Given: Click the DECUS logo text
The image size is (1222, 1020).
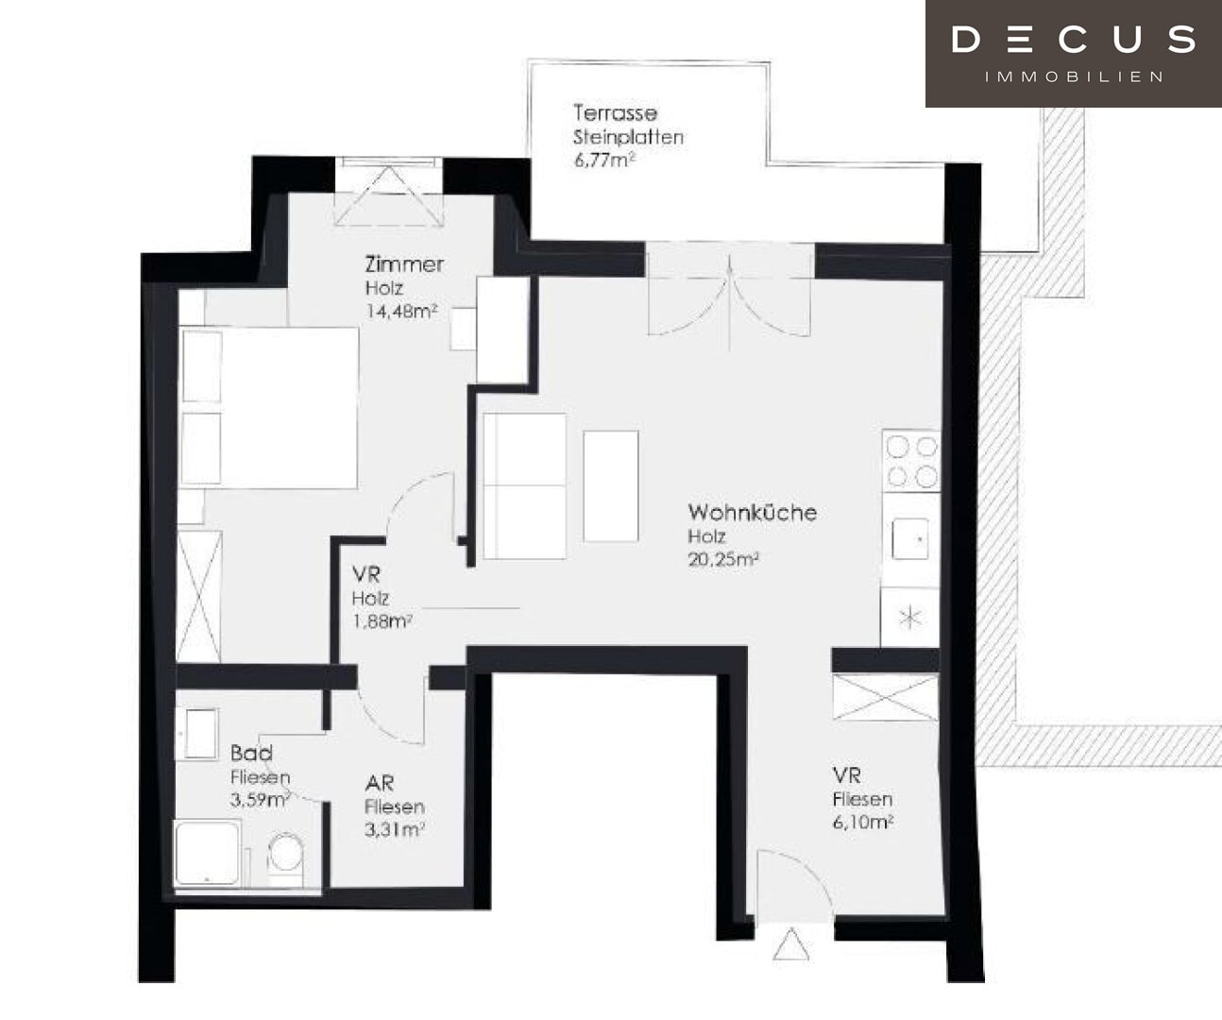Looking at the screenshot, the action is [x=1074, y=40].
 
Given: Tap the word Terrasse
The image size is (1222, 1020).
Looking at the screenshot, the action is [x=615, y=113].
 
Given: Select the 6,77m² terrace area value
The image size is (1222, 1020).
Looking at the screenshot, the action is [x=604, y=160].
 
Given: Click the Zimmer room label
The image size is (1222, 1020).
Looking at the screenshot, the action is [x=404, y=264].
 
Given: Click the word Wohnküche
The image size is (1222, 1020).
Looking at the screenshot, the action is [x=753, y=513].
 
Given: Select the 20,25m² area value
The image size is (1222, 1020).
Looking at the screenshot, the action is [x=723, y=560].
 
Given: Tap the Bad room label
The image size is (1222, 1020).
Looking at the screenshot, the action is [x=251, y=753].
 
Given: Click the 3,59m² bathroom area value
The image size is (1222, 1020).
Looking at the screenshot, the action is [x=261, y=800].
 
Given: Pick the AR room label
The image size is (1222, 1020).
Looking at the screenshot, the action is [x=380, y=783].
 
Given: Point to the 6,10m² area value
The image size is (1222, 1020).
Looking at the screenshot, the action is [x=862, y=823].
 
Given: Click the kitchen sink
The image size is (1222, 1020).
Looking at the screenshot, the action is [x=910, y=538].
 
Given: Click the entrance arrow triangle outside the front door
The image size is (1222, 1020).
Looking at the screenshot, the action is [x=790, y=943].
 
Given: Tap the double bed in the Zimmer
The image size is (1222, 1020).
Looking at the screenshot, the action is [x=268, y=408].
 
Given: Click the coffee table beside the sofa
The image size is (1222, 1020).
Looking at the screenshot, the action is [x=610, y=486].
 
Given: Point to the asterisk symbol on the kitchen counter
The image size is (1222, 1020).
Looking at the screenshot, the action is [x=910, y=618].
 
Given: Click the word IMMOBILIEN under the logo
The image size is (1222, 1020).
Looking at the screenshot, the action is [x=1074, y=76].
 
